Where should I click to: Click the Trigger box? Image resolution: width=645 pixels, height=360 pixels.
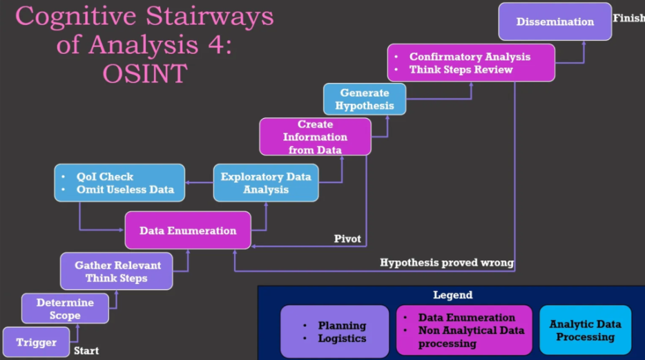(x=36, y=342)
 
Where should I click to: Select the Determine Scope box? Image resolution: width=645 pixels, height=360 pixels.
(x=65, y=309)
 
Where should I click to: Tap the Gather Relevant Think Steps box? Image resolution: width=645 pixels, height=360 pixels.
(x=116, y=272)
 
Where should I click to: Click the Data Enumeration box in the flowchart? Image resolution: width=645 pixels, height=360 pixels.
(x=188, y=231)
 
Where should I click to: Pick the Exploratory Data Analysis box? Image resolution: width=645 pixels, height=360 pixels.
(x=266, y=183)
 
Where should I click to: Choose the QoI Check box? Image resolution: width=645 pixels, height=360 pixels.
(x=119, y=183)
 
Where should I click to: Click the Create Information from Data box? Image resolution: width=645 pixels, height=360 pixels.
(x=315, y=137)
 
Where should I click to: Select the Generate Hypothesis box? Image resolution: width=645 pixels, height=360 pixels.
(x=365, y=99)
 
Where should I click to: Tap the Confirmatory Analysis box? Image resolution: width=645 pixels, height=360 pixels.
(x=461, y=63)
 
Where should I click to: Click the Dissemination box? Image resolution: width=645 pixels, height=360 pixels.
(x=555, y=22)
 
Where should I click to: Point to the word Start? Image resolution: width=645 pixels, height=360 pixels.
(x=86, y=351)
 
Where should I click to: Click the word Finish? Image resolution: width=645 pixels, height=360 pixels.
(x=628, y=18)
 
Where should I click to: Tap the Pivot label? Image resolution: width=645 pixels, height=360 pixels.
(x=347, y=239)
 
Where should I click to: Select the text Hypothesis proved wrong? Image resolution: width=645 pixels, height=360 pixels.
(x=447, y=263)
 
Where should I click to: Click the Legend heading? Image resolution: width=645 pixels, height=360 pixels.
(x=452, y=295)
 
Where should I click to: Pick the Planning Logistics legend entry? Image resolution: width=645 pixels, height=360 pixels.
(x=334, y=332)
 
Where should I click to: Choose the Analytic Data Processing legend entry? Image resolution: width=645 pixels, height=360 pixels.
(x=585, y=330)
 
